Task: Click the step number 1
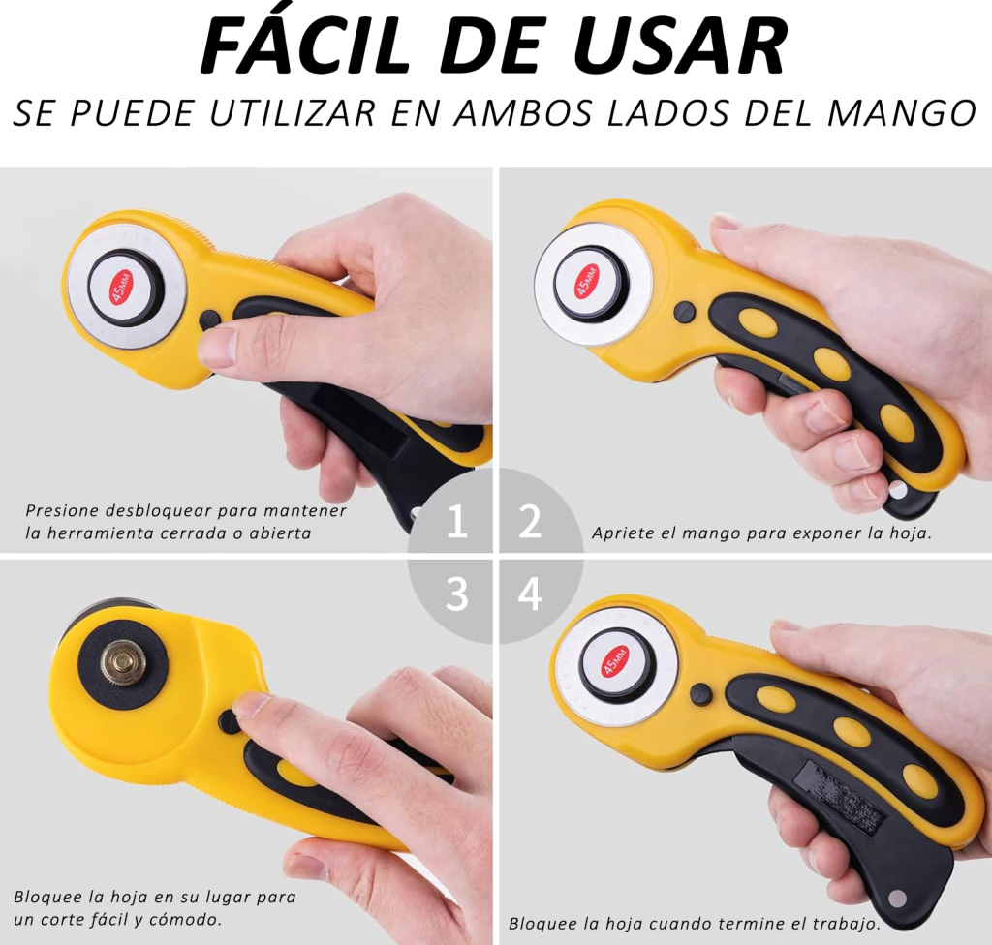[457, 522]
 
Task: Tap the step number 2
[530, 522]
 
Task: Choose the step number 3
[457, 594]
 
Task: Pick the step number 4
[530, 594]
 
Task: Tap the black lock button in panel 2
[685, 311]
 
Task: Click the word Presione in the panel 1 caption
[62, 510]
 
